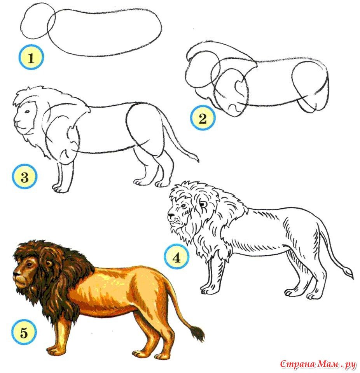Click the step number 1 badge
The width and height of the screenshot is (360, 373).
[x=31, y=57]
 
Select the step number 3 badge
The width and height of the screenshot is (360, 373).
[x=24, y=177]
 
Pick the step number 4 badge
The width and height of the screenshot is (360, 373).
[x=177, y=257]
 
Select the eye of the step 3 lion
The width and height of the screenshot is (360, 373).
[x=27, y=112]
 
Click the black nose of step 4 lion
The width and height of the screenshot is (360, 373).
[x=171, y=216]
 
